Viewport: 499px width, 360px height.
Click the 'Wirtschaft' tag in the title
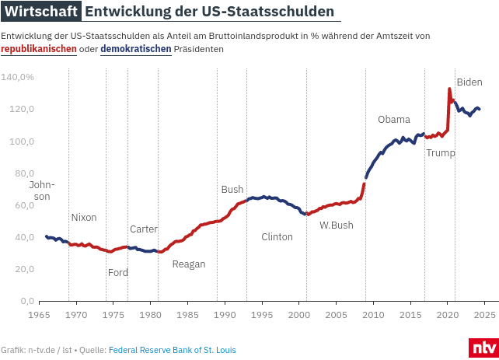[x=40, y=12]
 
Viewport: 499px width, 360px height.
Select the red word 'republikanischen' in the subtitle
[x=39, y=49]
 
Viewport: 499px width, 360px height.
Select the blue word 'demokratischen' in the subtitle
[x=136, y=49]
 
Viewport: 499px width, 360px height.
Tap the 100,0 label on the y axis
[x=22, y=142]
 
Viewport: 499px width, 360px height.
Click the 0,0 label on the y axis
[x=28, y=301]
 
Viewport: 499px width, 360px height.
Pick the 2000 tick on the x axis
[x=299, y=314]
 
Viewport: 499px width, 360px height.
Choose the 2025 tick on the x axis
[x=485, y=314]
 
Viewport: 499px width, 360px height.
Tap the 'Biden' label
[x=469, y=82]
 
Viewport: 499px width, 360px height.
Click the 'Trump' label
[x=441, y=153]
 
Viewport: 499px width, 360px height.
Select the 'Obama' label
[x=394, y=120]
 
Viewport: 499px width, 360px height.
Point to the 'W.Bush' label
[x=337, y=225]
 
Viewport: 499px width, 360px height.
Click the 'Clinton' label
[x=277, y=237]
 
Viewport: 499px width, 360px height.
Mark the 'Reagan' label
[x=189, y=264]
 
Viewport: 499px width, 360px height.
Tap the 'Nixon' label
[x=84, y=218]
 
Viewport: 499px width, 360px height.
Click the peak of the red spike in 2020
[x=449, y=89]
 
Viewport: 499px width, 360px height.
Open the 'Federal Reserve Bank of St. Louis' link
[x=173, y=350]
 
